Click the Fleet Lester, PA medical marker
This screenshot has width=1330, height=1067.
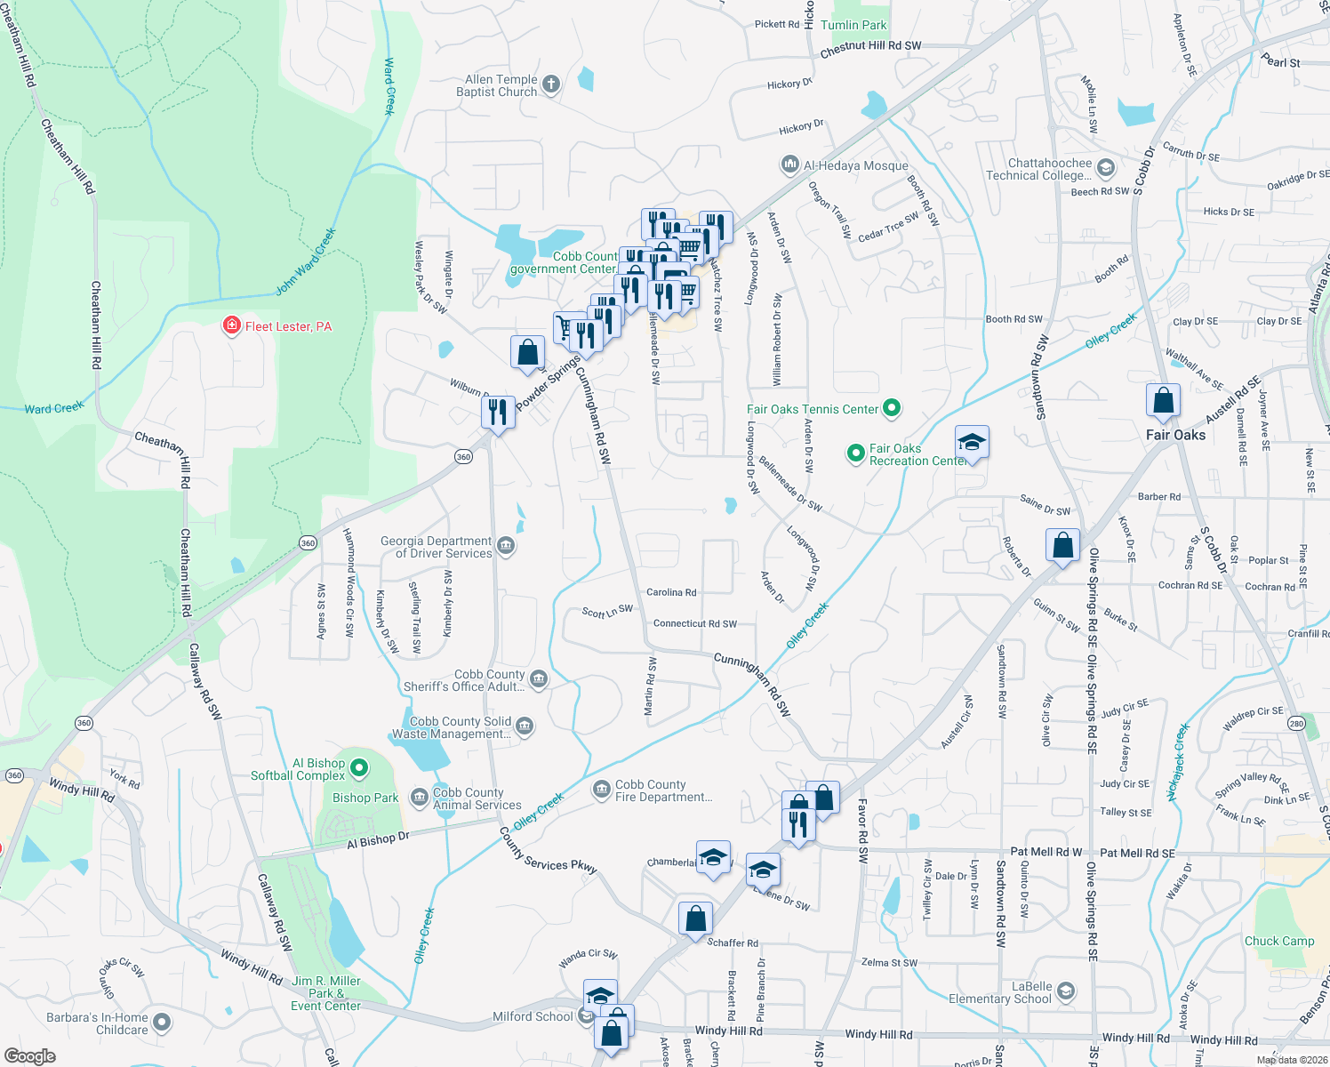[232, 326]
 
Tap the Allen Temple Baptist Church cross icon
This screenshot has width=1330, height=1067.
[551, 85]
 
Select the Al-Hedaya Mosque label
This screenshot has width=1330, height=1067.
[855, 165]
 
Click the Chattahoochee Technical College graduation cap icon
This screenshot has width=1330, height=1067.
[1105, 168]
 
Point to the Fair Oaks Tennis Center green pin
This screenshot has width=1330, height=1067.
[892, 409]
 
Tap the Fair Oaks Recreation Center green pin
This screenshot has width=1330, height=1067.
[855, 454]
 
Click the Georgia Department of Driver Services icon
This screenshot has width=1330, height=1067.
[506, 546]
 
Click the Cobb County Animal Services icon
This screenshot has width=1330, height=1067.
[419, 798]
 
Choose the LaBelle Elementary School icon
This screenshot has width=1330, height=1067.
[1066, 991]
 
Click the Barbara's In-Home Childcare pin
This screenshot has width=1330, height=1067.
[161, 1023]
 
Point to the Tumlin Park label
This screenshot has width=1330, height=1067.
[853, 25]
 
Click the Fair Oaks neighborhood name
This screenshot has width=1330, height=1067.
[1175, 435]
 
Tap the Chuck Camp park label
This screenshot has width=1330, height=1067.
[1278, 941]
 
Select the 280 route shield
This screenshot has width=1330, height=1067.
[1296, 724]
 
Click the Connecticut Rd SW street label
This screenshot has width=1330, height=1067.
[694, 623]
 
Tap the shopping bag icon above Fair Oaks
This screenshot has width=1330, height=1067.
[1163, 402]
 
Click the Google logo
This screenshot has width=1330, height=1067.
[29, 1055]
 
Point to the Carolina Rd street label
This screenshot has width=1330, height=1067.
[671, 592]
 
